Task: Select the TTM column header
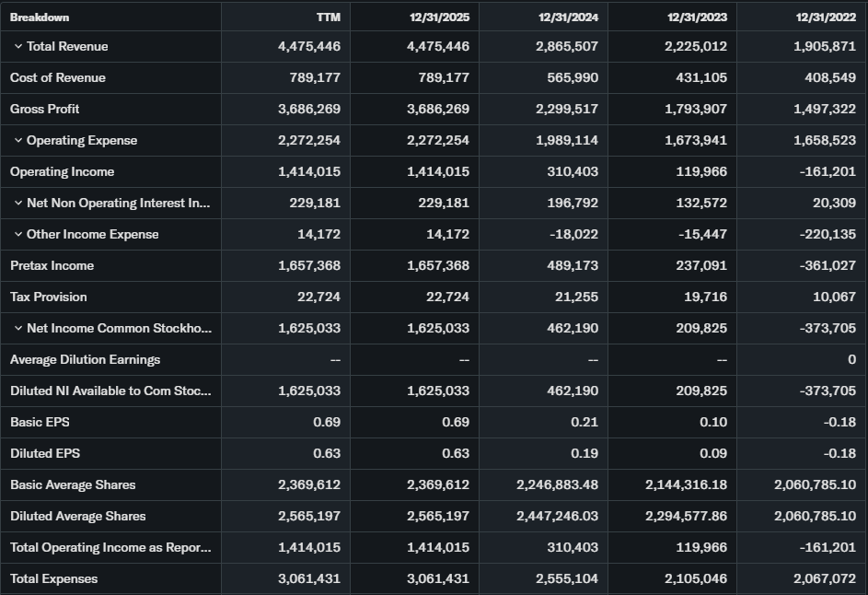(x=329, y=17)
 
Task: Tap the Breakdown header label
(x=40, y=17)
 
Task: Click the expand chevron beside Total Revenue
(x=17, y=47)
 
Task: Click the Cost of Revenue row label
(x=58, y=78)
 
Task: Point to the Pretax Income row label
(x=52, y=266)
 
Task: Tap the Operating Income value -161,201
(x=827, y=172)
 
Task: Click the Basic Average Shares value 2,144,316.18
(x=686, y=485)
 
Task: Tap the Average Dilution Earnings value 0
(x=851, y=360)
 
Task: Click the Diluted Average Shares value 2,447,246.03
(x=557, y=517)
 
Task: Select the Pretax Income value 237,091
(x=701, y=266)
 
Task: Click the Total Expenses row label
(x=53, y=579)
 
